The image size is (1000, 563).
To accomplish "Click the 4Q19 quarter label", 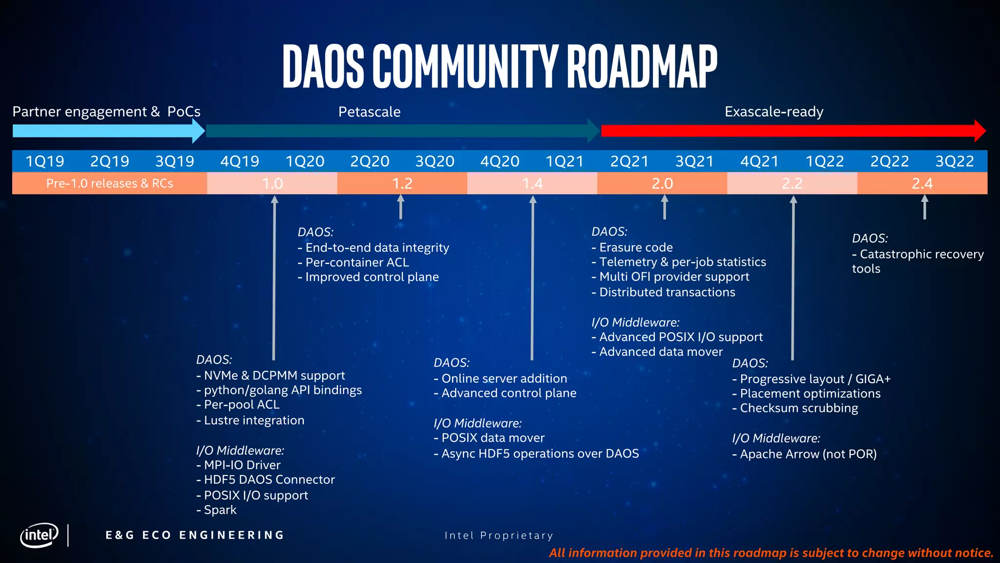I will pos(240,161).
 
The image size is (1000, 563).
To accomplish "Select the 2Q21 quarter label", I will pos(629,161).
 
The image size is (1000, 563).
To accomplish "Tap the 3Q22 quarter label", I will pos(955,161).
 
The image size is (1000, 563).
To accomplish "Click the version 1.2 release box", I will pos(402,184).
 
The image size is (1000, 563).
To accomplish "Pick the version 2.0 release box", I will pos(662,184).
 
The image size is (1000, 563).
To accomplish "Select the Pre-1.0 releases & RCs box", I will pos(109,183).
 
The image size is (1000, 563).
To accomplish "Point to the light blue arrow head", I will pos(199,131).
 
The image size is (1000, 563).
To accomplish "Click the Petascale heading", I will pos(369,112).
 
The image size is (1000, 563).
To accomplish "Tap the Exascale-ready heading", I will pos(774,112).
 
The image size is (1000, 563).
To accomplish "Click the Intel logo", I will pos(39,535).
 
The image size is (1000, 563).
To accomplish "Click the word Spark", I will pos(220,510).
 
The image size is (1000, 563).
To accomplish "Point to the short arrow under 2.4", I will pos(924,207).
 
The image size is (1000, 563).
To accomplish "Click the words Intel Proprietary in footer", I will pos(499,536).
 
